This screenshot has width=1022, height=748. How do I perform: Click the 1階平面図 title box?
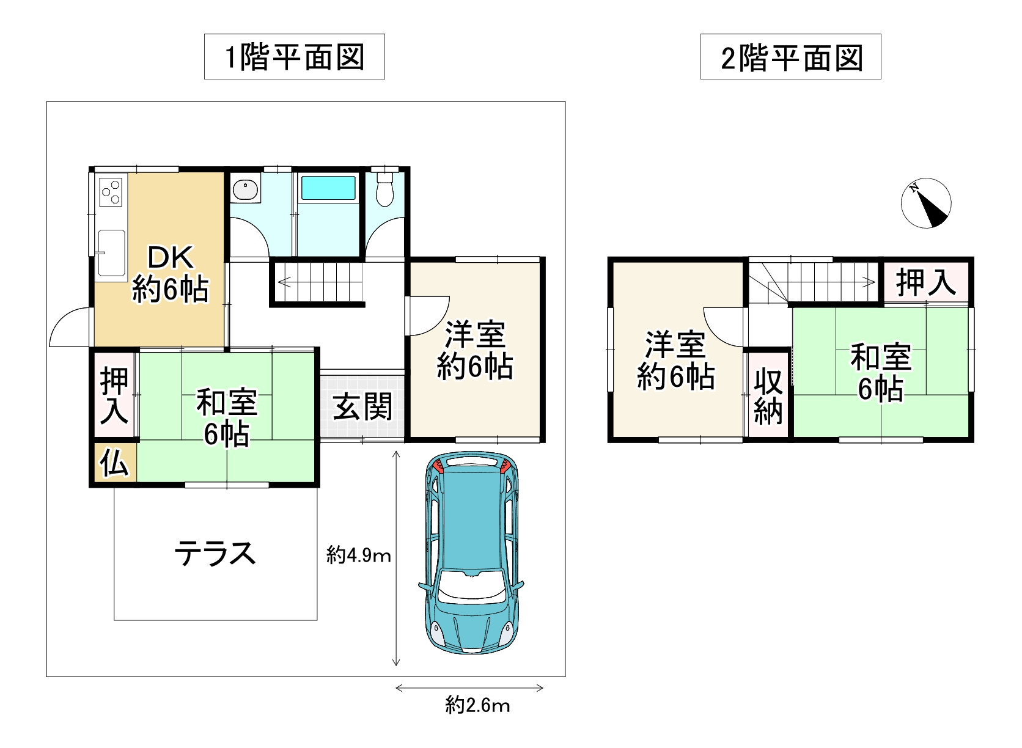point(294,57)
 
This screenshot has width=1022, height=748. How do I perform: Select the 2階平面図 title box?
point(791,57)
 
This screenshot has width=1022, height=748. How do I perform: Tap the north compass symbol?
point(926,203)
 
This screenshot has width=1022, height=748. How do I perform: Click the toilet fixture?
point(384,189)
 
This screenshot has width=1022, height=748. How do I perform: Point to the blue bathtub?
point(328,188)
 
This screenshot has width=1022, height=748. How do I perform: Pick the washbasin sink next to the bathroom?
point(246,188)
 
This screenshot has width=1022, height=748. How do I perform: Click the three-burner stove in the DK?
point(111,192)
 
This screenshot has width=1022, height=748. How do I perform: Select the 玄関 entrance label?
point(362,407)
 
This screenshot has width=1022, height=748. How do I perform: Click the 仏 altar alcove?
point(114,462)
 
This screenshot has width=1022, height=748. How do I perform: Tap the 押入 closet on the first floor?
point(114,395)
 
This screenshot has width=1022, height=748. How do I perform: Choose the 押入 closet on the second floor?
point(926,282)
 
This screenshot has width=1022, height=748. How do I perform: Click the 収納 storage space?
point(768,395)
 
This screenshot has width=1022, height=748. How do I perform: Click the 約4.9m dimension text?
point(359,555)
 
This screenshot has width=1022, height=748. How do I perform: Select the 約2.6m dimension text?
point(478,706)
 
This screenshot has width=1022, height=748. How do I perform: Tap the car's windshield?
point(472,591)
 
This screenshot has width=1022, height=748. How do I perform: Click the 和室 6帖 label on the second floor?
point(881,372)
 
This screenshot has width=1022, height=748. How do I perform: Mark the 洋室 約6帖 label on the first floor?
point(475,350)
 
